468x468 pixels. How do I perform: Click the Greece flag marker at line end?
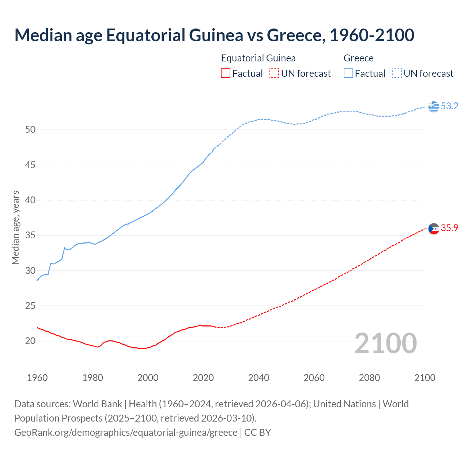pos(434,106)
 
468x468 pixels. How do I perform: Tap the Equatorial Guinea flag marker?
pos(434,229)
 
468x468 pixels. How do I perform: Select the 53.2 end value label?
pos(449,106)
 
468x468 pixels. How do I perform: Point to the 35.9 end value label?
pos(449,228)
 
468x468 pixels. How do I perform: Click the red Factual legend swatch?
pos(226,73)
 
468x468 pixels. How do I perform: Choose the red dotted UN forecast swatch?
pos(274,73)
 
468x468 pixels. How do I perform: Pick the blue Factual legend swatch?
pos(348,73)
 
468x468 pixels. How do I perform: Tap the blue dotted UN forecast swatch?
pos(397,73)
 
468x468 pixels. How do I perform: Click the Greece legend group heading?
pos(358,58)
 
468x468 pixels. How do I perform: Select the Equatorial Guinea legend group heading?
pos(258,58)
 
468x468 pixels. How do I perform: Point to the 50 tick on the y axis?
pos(30,130)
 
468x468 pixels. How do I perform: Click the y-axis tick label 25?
pos(30,306)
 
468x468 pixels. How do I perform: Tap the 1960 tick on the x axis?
pos(37,378)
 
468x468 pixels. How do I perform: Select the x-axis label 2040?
pos(258,378)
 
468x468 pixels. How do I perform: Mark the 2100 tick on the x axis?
pos(424,378)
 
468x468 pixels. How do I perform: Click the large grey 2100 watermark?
pos(385,343)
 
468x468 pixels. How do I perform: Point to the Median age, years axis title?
pos(15,227)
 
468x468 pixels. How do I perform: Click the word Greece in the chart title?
pos(295,35)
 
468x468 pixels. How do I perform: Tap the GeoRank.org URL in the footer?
pos(126,433)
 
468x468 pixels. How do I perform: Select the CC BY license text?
pos(257,433)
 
